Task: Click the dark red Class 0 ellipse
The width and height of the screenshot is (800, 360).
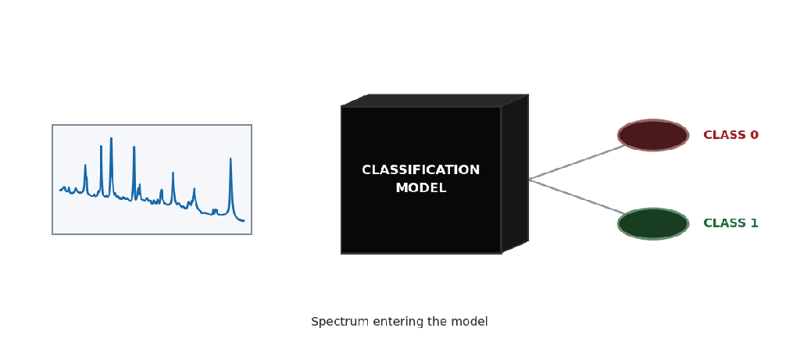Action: point(653,135)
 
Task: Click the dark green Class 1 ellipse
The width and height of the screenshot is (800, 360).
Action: point(653,223)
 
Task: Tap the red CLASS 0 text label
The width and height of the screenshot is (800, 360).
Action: point(730,135)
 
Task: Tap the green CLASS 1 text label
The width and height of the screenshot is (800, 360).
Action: point(730,223)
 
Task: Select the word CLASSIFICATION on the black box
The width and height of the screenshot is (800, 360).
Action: point(421,169)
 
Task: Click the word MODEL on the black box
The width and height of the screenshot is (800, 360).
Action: point(421,188)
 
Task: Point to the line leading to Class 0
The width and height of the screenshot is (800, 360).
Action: point(577,162)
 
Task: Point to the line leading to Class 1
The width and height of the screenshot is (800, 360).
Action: point(577,197)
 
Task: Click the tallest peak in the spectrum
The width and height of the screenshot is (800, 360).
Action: point(111,138)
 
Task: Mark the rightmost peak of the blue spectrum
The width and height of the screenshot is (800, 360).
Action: point(230,159)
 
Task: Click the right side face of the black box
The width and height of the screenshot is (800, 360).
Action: point(515,173)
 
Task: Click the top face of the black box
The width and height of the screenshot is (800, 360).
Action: point(434,101)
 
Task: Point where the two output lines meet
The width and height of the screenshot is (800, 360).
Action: point(529,180)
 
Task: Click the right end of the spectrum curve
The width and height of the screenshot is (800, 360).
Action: point(244,221)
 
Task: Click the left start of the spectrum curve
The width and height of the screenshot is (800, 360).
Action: point(59,191)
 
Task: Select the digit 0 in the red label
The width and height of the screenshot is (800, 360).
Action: point(754,135)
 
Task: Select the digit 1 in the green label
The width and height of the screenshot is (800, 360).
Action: point(754,223)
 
